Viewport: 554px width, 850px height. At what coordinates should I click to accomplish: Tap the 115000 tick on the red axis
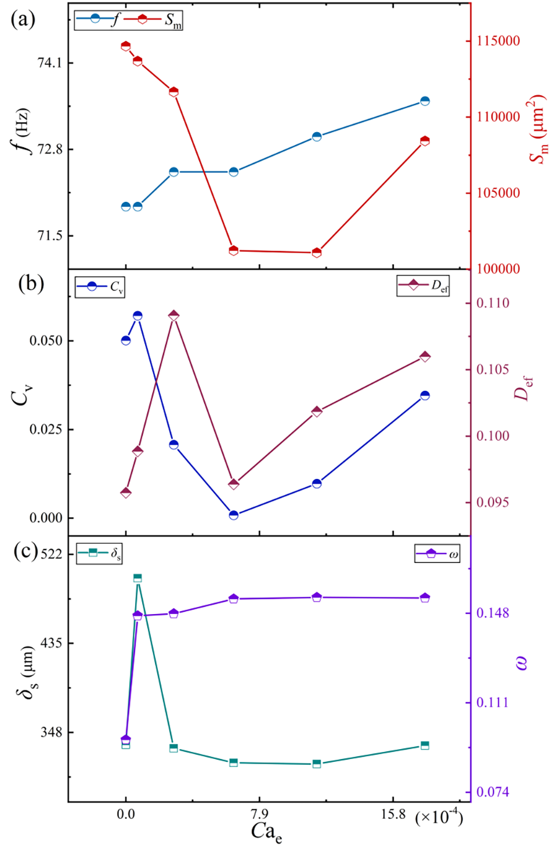pos(498,41)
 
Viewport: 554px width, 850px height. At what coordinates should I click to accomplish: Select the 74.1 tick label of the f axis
pos(49,63)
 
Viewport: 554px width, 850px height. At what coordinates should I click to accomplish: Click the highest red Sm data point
pos(126,46)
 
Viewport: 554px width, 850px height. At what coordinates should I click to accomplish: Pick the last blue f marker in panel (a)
pos(425,101)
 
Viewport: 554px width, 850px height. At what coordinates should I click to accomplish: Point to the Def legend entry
pos(423,285)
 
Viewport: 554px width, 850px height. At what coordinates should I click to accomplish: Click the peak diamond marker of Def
pos(173,315)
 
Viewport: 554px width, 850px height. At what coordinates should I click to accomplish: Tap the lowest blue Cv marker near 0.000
pos(234,515)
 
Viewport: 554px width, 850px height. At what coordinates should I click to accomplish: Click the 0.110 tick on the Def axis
pos(493,303)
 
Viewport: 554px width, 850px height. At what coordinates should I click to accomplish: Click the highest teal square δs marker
pos(137,578)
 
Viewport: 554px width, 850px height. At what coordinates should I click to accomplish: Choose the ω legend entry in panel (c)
pos(438,554)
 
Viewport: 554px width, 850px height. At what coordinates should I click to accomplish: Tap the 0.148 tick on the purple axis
pos(493,613)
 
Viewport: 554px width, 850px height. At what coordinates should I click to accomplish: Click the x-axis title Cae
pos(266,832)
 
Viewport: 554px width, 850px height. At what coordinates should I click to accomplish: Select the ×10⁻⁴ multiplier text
pos(439,817)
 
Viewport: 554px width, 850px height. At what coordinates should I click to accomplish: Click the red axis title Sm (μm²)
pos(538,129)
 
